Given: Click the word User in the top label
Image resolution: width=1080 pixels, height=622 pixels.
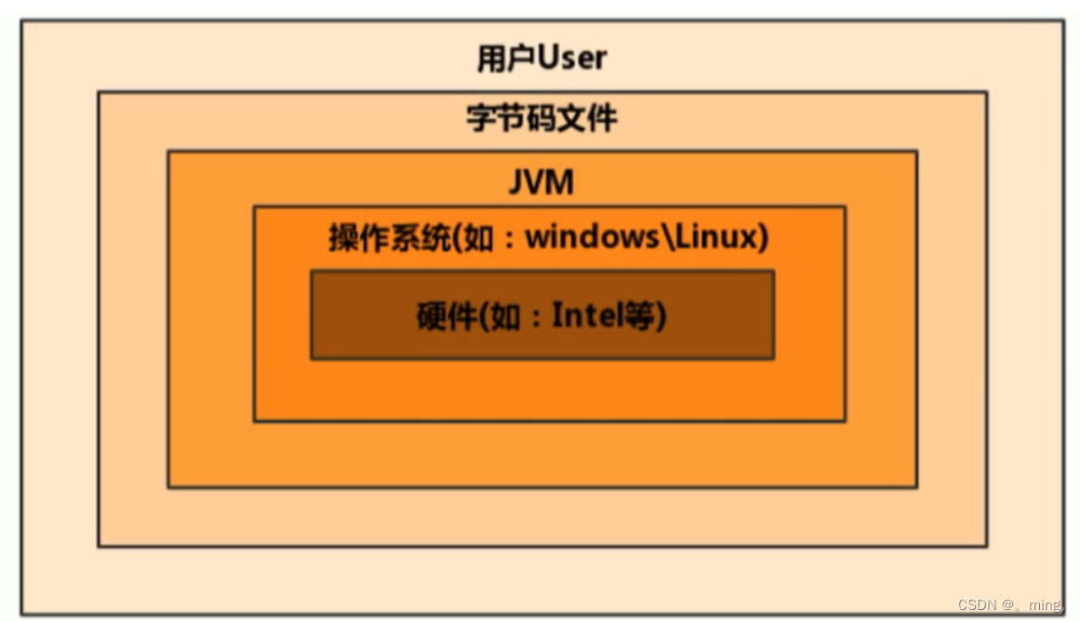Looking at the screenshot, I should pyautogui.click(x=572, y=59).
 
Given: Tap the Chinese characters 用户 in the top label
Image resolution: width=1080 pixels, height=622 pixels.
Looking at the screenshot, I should pyautogui.click(x=507, y=59).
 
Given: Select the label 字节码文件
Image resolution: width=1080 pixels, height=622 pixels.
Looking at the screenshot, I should pyautogui.click(x=541, y=119).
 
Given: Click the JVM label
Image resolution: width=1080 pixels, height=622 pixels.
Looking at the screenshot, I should pyautogui.click(x=540, y=182).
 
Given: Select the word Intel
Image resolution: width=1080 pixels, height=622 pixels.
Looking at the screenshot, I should pyautogui.click(x=586, y=316).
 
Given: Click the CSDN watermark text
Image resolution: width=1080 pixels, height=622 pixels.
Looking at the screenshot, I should pyautogui.click(x=978, y=604).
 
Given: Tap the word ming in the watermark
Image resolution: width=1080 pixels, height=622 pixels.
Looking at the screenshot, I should pyautogui.click(x=1044, y=605).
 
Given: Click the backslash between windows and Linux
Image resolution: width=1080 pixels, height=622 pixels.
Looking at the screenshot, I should pyautogui.click(x=666, y=237).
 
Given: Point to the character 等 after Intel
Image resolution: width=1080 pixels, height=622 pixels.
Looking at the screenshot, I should pyautogui.click(x=639, y=317).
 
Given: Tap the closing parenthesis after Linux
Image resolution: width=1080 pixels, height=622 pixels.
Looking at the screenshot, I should pyautogui.click(x=763, y=238).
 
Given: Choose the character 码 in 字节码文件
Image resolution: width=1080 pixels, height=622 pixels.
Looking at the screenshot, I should pyautogui.click(x=540, y=119).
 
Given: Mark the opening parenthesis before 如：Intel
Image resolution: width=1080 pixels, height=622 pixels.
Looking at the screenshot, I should pyautogui.click(x=481, y=317).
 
